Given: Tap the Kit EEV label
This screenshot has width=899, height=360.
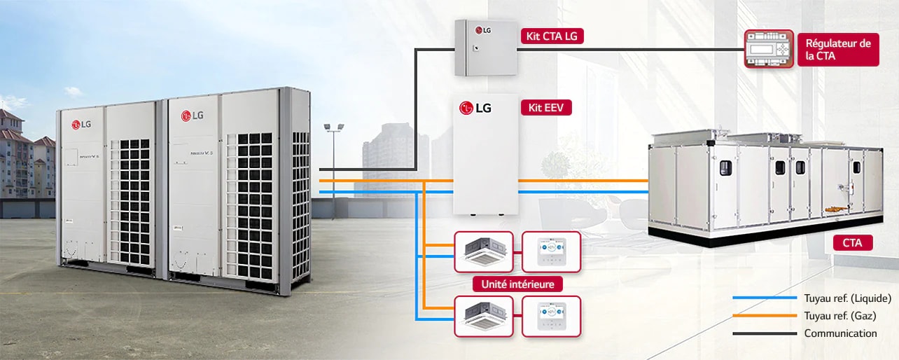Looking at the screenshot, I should pyautogui.click(x=546, y=108).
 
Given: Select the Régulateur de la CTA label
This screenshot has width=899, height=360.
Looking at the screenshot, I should pyautogui.click(x=838, y=50).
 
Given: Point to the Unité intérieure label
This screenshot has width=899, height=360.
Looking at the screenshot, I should pyautogui.click(x=518, y=284).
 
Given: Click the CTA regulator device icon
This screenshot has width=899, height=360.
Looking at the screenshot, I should pyautogui.click(x=769, y=49).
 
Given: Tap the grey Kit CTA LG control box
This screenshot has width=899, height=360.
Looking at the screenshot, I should pyautogui.click(x=480, y=48).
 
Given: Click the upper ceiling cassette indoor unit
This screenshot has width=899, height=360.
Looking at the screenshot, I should pyautogui.click(x=484, y=251).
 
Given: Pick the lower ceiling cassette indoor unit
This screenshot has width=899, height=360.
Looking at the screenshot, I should pyautogui.click(x=484, y=316).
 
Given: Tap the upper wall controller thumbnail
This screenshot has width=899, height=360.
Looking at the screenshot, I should pyautogui.click(x=551, y=251).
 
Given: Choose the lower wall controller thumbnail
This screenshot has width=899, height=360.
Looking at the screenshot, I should pyautogui.click(x=551, y=316).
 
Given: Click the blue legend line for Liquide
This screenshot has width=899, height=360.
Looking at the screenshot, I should pyautogui.click(x=765, y=298).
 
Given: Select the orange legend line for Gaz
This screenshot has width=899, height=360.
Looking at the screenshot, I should pyautogui.click(x=765, y=316).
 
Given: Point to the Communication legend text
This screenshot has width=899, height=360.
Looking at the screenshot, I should pyautogui.click(x=840, y=333).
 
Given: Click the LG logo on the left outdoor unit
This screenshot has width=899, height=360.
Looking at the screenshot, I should pyautogui.click(x=81, y=125).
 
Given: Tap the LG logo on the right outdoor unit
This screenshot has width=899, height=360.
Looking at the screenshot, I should pyautogui.click(x=191, y=116).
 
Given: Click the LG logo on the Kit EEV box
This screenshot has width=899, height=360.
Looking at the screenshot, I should pyautogui.click(x=475, y=108).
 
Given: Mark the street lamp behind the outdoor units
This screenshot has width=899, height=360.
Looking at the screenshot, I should pyautogui.click(x=334, y=127).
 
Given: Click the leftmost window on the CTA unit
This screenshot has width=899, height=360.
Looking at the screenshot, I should pyautogui.click(x=725, y=167).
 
